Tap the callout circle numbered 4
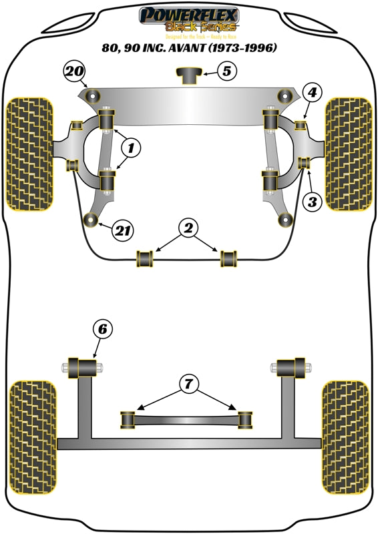(314, 93)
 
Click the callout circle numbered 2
(189, 229)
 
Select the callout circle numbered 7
(189, 383)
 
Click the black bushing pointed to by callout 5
(189, 75)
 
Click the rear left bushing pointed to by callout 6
(85, 366)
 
